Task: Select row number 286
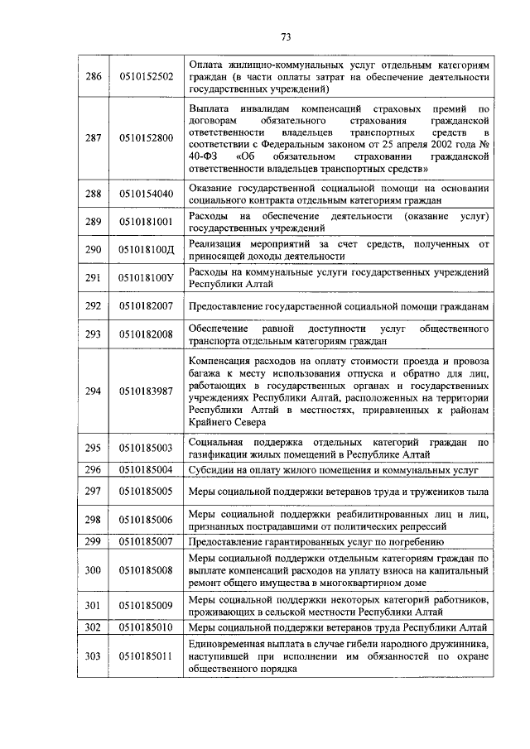coord(94,76)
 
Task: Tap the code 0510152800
coord(146,137)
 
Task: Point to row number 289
coord(94,222)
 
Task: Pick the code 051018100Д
coord(147,250)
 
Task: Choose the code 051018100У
coord(147,277)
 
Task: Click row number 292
coord(94,305)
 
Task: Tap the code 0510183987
coord(146,391)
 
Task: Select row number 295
coord(94,448)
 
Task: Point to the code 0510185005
coord(146,492)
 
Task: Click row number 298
coord(94,519)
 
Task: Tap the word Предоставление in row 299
coord(231,541)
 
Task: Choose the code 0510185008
coord(146,570)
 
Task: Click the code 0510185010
coord(146,627)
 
